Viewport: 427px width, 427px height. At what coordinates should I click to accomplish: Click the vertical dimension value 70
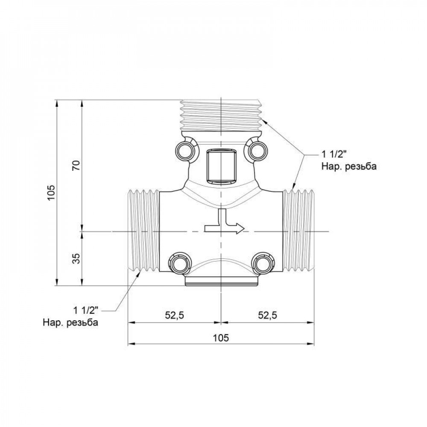coord(76,166)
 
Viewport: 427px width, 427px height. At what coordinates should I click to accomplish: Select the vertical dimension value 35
coord(76,259)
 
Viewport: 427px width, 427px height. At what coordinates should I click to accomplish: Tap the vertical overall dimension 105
coord(51,193)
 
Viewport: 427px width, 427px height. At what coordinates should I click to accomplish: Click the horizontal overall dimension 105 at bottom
coord(221,337)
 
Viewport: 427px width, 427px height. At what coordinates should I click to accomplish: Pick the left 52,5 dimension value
coord(174,316)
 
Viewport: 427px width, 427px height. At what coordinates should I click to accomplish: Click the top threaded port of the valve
coord(221,114)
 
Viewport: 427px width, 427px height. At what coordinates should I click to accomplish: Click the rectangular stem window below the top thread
coord(221,165)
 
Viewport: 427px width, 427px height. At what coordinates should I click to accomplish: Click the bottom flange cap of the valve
coord(221,281)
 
